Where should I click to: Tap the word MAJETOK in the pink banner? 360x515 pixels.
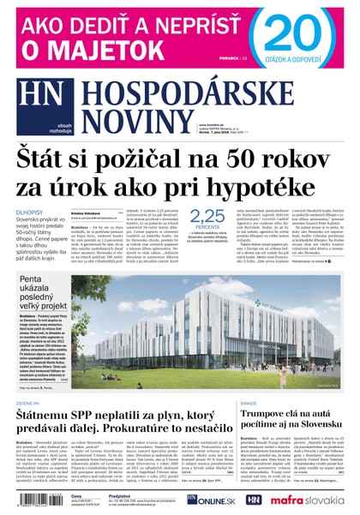point(105,51)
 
